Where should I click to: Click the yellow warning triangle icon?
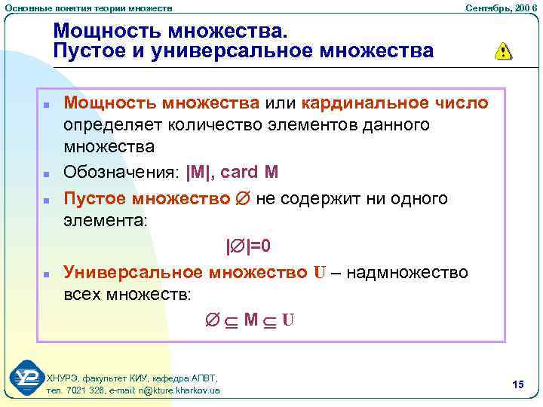point(502,51)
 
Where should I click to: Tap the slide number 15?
point(517,385)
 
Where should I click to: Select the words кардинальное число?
point(394,102)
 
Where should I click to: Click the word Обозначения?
point(120,173)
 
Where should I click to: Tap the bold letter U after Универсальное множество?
point(319,273)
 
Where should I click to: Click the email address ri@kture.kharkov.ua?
point(180,390)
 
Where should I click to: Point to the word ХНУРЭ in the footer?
point(63,378)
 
